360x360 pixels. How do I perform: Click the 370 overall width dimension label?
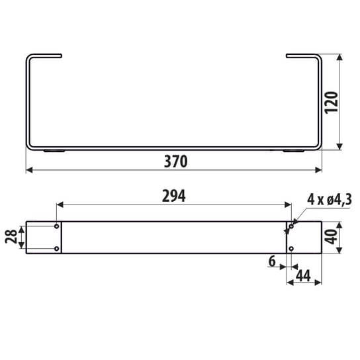coord(174,161)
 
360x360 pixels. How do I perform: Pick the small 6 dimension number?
coord(272,261)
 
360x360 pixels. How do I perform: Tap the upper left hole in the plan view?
coord(56,227)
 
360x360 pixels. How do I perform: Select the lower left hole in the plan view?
coord(56,249)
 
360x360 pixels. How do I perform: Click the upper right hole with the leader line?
coord(291,227)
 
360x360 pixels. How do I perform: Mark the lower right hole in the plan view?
coord(291,249)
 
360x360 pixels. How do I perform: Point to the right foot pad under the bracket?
coord(291,152)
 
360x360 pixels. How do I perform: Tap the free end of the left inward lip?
coord(60,55)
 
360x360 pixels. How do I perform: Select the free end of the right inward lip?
coord(287,55)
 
